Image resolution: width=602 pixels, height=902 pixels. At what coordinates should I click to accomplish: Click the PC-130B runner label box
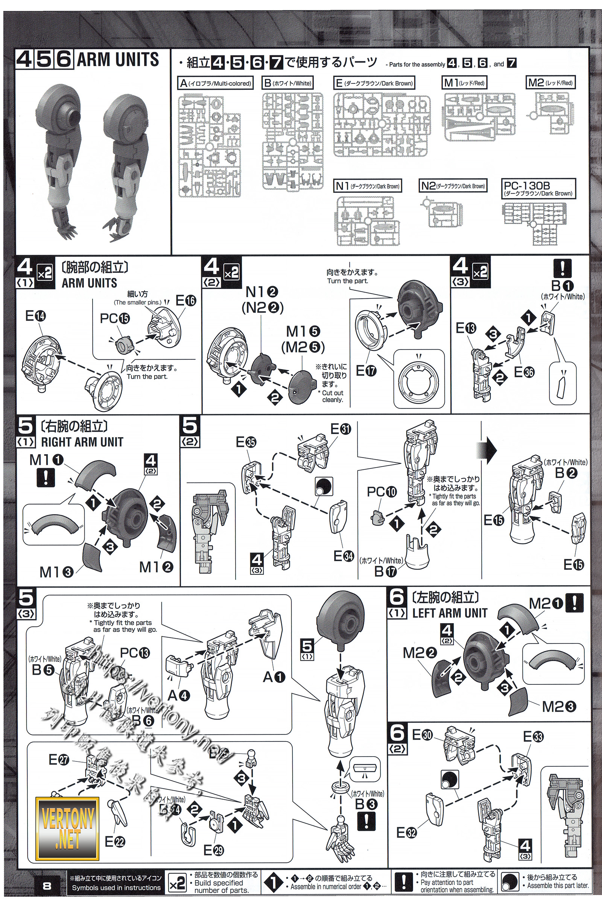tap(538, 188)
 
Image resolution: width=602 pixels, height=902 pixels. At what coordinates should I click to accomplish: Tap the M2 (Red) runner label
tap(550, 82)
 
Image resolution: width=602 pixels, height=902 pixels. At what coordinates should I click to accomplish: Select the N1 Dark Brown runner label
tap(368, 186)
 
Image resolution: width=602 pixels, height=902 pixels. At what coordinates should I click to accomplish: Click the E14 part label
tap(35, 316)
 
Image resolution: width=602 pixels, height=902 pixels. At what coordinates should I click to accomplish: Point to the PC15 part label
tap(115, 318)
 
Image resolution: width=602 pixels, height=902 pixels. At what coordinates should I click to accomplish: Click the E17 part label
tap(366, 371)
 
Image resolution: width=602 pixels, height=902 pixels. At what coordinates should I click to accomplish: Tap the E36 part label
tap(524, 372)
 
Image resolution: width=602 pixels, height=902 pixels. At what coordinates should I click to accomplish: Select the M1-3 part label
tap(56, 572)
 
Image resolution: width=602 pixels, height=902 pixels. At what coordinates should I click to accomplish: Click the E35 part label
tap(246, 442)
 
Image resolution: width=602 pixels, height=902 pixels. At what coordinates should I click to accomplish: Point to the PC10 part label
tap(382, 492)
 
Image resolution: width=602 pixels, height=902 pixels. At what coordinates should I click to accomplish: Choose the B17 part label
tap(385, 571)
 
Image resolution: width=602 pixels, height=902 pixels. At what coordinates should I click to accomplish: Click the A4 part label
tap(178, 695)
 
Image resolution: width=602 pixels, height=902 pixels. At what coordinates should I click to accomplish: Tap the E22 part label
tap(115, 842)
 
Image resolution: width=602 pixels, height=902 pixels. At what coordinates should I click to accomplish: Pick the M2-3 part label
tap(559, 707)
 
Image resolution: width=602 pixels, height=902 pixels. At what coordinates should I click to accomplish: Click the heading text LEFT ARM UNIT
tap(450, 613)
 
